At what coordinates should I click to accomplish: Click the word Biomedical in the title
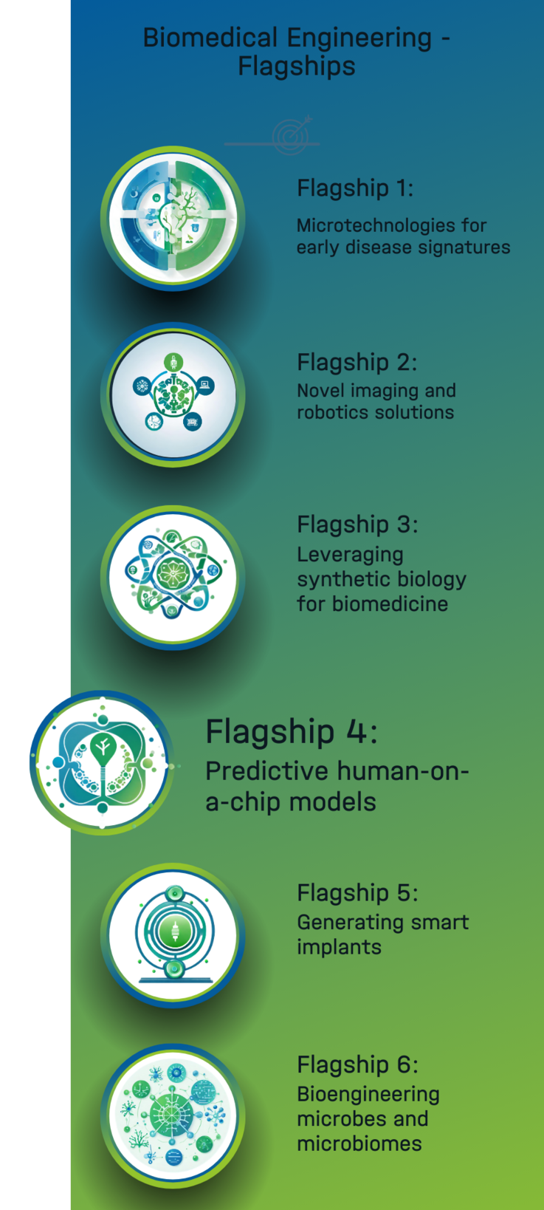click(x=210, y=38)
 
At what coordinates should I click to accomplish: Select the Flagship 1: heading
click(x=355, y=188)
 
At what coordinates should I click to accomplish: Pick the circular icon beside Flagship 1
click(x=173, y=218)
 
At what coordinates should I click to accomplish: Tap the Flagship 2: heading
click(x=357, y=362)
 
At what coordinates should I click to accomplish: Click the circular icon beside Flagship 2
click(x=173, y=395)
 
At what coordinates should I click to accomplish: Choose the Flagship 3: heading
click(x=357, y=524)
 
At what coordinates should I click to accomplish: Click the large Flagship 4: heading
click(x=292, y=732)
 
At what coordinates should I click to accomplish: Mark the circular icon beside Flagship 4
click(x=102, y=763)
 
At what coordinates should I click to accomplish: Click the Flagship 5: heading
click(x=357, y=893)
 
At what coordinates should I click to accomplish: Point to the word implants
click(x=340, y=948)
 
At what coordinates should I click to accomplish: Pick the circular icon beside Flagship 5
click(x=173, y=935)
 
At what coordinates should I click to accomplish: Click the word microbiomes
click(x=359, y=1144)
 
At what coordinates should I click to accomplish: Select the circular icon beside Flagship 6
click(x=173, y=1116)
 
